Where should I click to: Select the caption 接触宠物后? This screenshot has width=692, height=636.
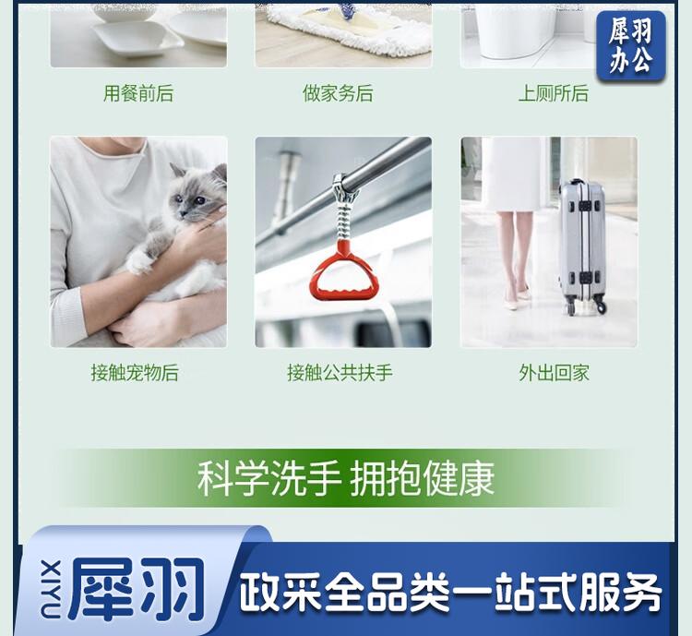click(135, 373)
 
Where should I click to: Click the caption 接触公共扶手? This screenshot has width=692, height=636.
click(340, 373)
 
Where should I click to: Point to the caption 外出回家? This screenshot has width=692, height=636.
click(554, 373)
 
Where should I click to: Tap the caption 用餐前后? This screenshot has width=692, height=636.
click(138, 93)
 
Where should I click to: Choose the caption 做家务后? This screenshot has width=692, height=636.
click(338, 93)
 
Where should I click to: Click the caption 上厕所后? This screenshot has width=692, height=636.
click(554, 93)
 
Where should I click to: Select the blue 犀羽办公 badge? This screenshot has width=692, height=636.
click(631, 46)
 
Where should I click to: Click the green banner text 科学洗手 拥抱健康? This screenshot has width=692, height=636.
click(346, 479)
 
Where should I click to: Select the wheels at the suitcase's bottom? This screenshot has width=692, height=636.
click(586, 306)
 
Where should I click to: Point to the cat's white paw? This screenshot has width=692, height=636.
click(139, 262)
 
